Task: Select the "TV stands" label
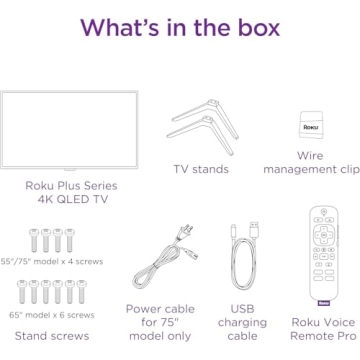tap(201, 169)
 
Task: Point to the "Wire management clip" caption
tap(310, 162)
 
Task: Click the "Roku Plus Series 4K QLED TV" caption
tap(71, 192)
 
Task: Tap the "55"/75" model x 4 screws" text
tap(51, 261)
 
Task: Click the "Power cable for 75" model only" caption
tap(160, 322)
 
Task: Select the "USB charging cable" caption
tap(242, 322)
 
